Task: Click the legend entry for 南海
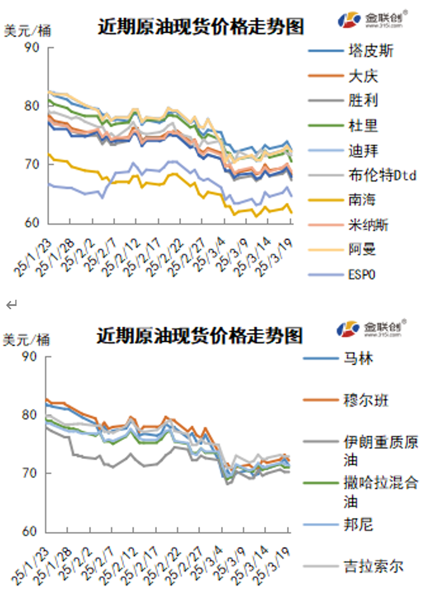[362, 200]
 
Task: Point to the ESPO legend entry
[362, 274]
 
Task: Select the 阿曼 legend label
[362, 250]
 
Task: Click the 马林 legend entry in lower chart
[358, 359]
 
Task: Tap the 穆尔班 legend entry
[366, 400]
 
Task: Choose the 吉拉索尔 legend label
[373, 566]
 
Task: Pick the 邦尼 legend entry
[358, 524]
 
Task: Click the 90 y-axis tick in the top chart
[32, 47]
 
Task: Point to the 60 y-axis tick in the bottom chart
[32, 531]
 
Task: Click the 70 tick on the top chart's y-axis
[32, 164]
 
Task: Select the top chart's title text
[201, 27]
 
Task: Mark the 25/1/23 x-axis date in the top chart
[33, 254]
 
